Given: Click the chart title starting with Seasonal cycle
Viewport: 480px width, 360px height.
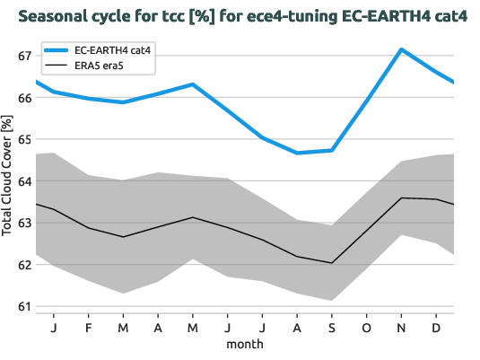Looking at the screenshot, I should [x=243, y=17].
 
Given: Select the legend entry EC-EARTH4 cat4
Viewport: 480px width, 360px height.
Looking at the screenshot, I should [x=112, y=52].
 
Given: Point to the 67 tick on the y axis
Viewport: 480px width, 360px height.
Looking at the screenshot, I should [x=25, y=56].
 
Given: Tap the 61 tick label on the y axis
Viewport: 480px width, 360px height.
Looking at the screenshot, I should [x=25, y=307].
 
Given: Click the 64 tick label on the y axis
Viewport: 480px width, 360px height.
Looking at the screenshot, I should [x=25, y=181].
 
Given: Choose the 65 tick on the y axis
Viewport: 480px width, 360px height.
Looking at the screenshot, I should [x=25, y=139].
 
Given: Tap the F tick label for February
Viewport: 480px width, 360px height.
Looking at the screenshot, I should [x=89, y=327].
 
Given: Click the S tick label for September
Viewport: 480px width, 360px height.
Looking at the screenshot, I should [x=332, y=327].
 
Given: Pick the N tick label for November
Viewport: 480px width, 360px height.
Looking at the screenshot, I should [x=401, y=327].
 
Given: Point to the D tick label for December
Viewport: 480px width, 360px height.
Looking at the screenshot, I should [x=436, y=327].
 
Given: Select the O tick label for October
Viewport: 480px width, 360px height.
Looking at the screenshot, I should [x=367, y=327].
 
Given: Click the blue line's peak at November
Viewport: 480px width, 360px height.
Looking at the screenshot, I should [x=401, y=49].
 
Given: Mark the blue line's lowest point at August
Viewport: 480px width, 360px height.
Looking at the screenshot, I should [x=297, y=153].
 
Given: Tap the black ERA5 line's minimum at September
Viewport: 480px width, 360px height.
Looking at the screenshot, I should [x=332, y=263].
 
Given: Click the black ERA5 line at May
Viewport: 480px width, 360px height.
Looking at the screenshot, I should [x=193, y=217].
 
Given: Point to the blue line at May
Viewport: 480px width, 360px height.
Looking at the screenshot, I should [x=193, y=84].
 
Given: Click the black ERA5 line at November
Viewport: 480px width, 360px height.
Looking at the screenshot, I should [x=401, y=198].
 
